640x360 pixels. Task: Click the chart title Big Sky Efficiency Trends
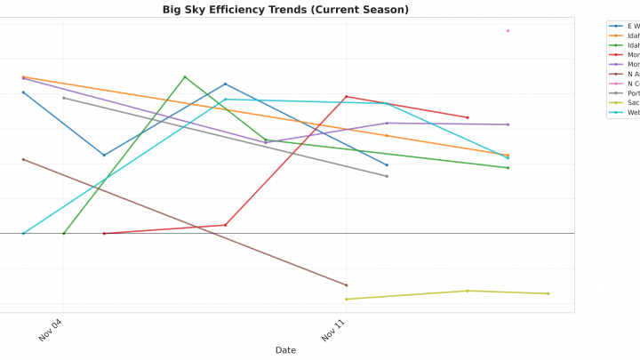pos(285,10)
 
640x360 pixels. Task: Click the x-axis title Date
pos(285,350)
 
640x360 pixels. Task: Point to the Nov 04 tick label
pos(51,330)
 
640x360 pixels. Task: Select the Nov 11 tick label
pos(333,330)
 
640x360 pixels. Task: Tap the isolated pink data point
pos(508,31)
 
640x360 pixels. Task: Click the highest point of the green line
pos(185,77)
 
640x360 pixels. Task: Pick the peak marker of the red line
pos(346,97)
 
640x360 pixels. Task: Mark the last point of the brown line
pos(346,285)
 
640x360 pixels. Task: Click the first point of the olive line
pos(346,299)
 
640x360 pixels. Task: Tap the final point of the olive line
pos(548,293)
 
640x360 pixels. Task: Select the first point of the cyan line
pos(23,234)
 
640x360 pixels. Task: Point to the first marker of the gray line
pos(64,98)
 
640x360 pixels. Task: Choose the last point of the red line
pos(468,117)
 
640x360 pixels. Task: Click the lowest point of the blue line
pos(104,156)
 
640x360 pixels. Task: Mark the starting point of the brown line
pos(23,159)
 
